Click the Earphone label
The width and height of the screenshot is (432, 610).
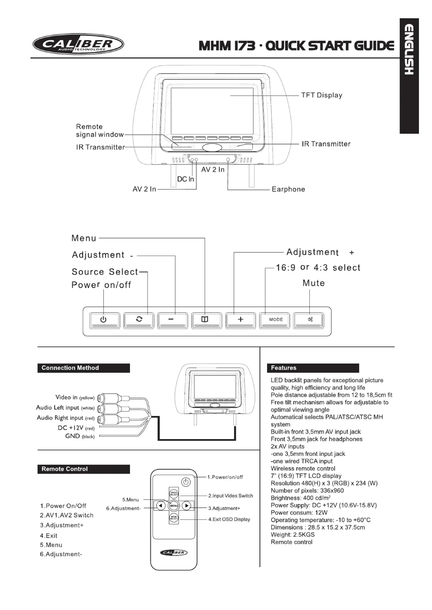pyautogui.click(x=288, y=189)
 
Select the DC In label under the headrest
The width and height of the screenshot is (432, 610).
pyautogui.click(x=185, y=179)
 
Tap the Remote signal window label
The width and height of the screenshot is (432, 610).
pyautogui.click(x=100, y=130)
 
